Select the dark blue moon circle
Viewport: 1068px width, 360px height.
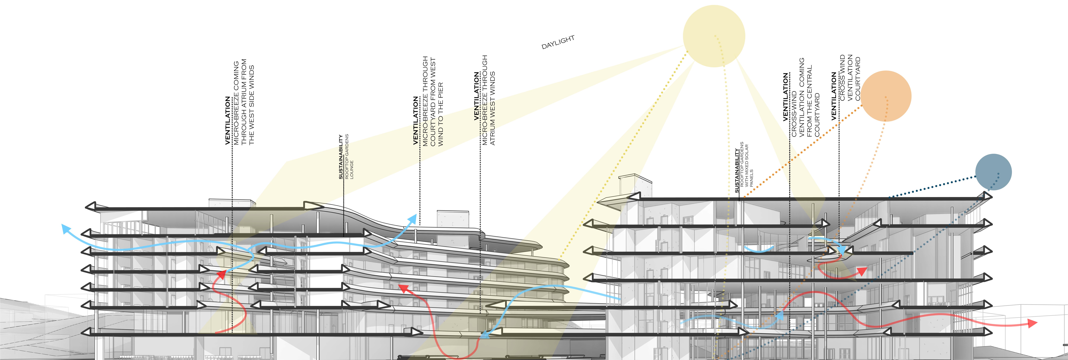[993, 172]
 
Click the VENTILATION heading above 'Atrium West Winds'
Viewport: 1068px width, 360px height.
[477, 96]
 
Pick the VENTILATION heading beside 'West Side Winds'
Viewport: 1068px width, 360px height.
[228, 120]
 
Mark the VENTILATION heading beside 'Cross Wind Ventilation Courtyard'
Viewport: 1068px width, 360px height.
[834, 96]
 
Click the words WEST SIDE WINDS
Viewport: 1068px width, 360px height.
[251, 105]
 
